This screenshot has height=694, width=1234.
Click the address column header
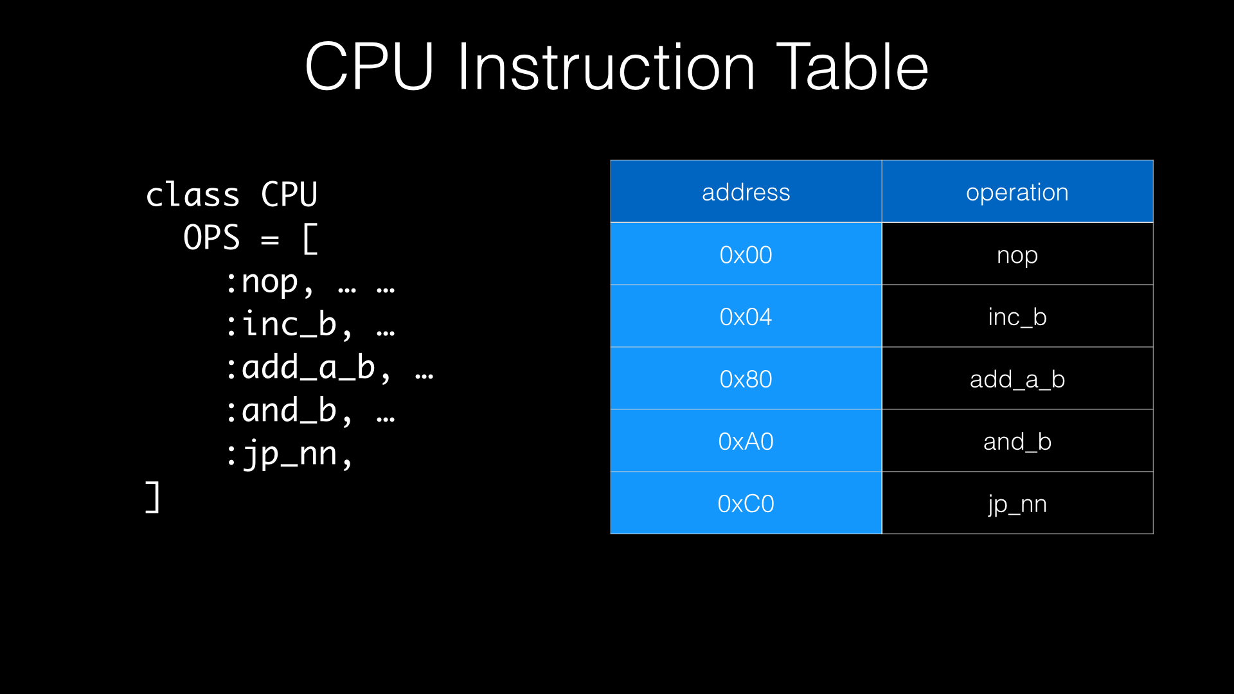[746, 192]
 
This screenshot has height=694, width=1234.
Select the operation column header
[1017, 192]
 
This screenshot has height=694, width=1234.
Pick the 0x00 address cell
[746, 254]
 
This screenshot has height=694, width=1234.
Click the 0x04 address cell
[746, 317]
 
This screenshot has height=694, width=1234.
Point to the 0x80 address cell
[746, 379]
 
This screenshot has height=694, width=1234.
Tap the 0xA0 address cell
[746, 441]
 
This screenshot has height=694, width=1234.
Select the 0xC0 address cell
[746, 504]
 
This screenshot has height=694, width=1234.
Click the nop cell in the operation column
[1017, 254]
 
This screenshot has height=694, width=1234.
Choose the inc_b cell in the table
[1017, 317]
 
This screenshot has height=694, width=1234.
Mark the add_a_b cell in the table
[1017, 379]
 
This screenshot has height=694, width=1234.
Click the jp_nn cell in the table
[1017, 504]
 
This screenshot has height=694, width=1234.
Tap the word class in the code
[192, 195]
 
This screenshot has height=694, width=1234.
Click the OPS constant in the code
[211, 238]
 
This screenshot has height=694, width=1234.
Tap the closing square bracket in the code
[153, 497]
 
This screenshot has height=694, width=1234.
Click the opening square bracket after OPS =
[309, 239]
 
